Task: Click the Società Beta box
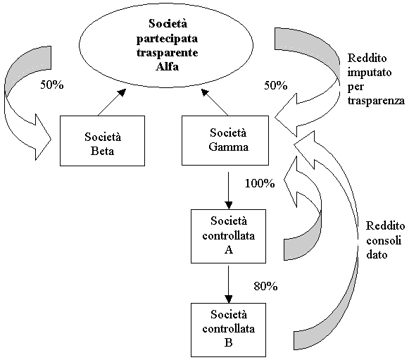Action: pos(102,141)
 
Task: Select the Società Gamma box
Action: pos(225,140)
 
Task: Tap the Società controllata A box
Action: pos(228,236)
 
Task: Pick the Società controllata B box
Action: pos(228,330)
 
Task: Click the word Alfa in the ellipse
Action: pos(168,66)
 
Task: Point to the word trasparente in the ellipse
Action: pos(168,53)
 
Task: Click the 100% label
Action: pos(260,184)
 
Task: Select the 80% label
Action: pos(265,287)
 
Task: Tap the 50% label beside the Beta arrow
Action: pos(52,85)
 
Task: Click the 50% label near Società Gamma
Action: pos(276,85)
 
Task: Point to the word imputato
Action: pos(370,73)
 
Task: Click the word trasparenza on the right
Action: pos(376,101)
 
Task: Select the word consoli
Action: pos(384,240)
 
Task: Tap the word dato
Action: pos(377,254)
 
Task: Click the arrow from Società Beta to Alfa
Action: pos(112,102)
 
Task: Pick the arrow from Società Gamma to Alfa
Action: pos(215,102)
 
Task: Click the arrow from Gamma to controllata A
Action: pos(229,190)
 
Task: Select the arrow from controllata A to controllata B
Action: pos(229,285)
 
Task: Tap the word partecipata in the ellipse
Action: pos(168,39)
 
